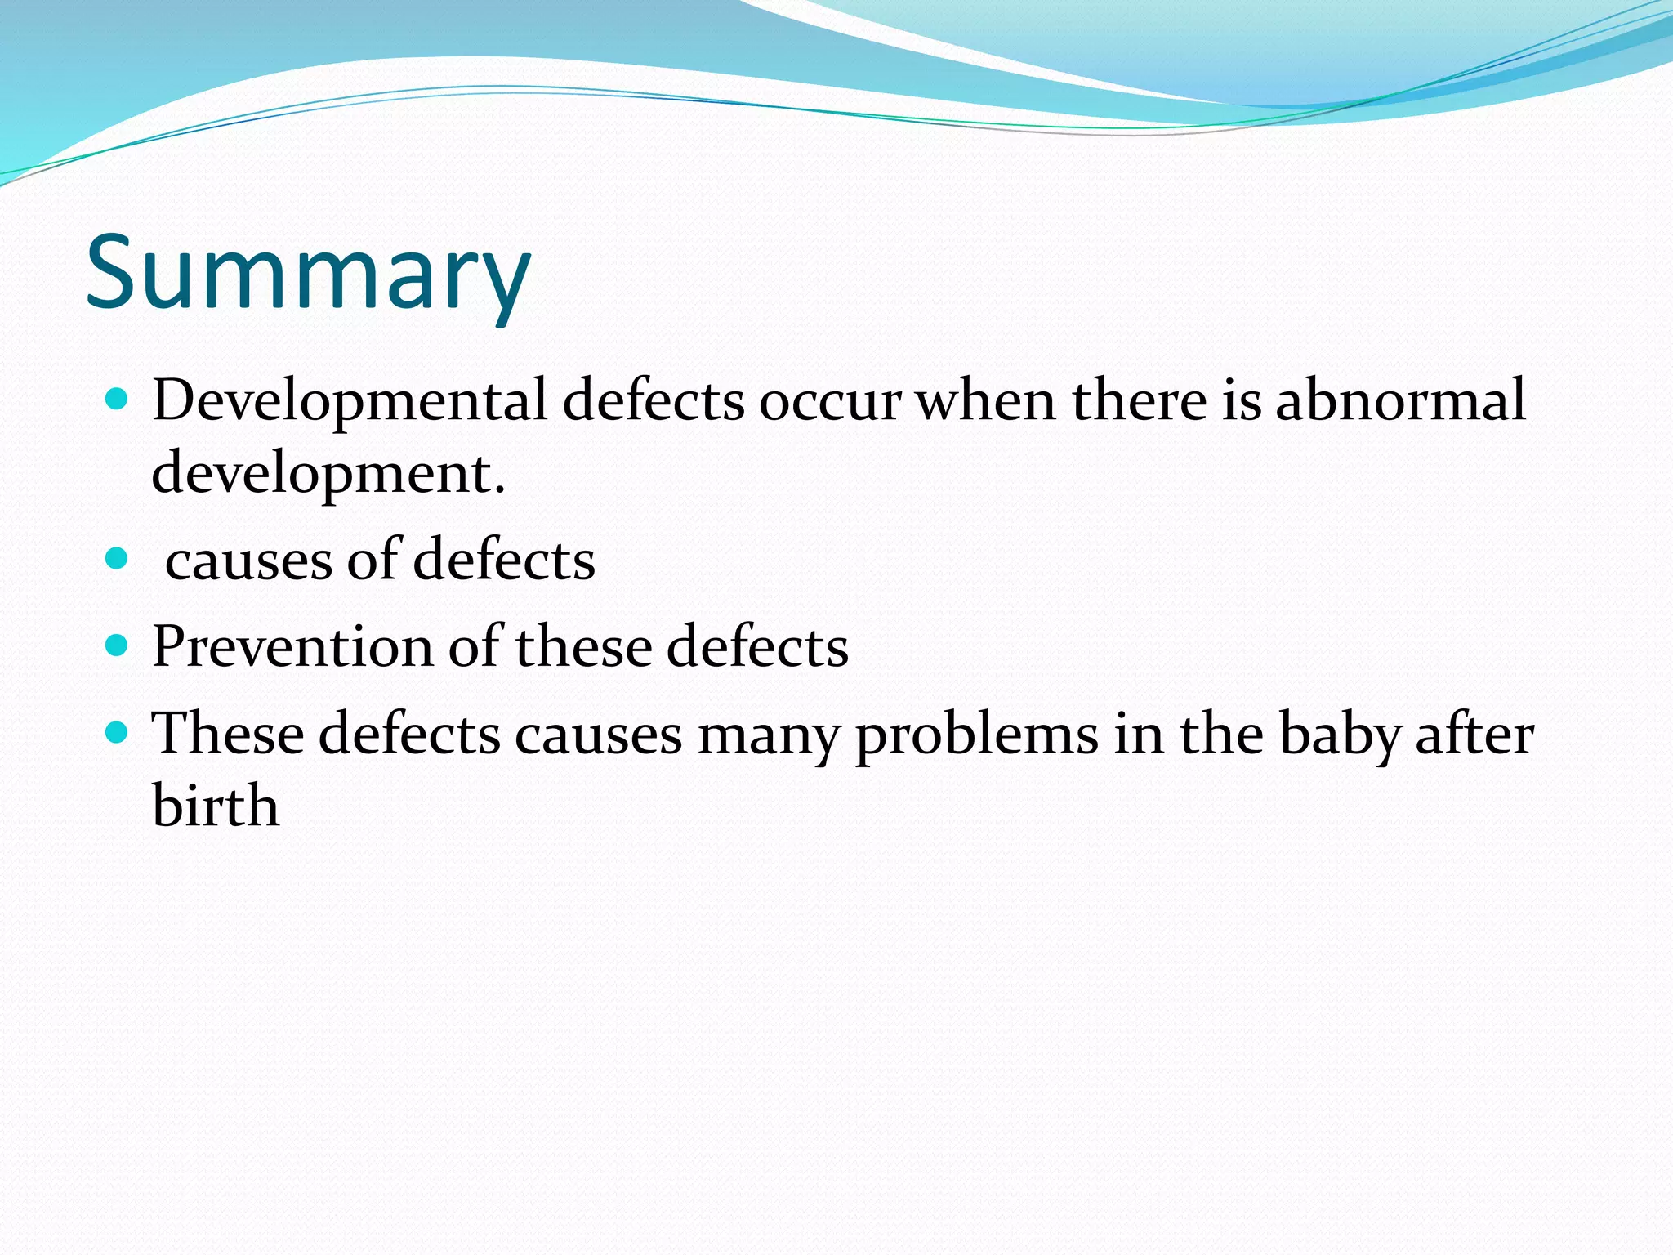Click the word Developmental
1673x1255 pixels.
coord(350,400)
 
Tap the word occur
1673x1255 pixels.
coord(830,402)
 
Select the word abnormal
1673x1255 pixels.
coord(1400,400)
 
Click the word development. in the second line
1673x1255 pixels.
coord(328,474)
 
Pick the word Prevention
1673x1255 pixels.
coord(292,646)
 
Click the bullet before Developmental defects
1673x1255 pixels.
coord(118,399)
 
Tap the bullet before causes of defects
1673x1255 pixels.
coord(118,559)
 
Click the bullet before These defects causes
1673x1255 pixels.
coord(118,732)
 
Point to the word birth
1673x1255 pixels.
coord(216,806)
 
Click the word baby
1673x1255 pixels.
coord(1339,735)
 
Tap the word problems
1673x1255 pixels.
coord(977,735)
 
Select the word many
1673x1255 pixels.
coord(768,735)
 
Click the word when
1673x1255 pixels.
coord(985,400)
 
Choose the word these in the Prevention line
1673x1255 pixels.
coord(583,646)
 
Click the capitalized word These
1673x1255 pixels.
coord(228,733)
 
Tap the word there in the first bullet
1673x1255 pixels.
coord(1139,400)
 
